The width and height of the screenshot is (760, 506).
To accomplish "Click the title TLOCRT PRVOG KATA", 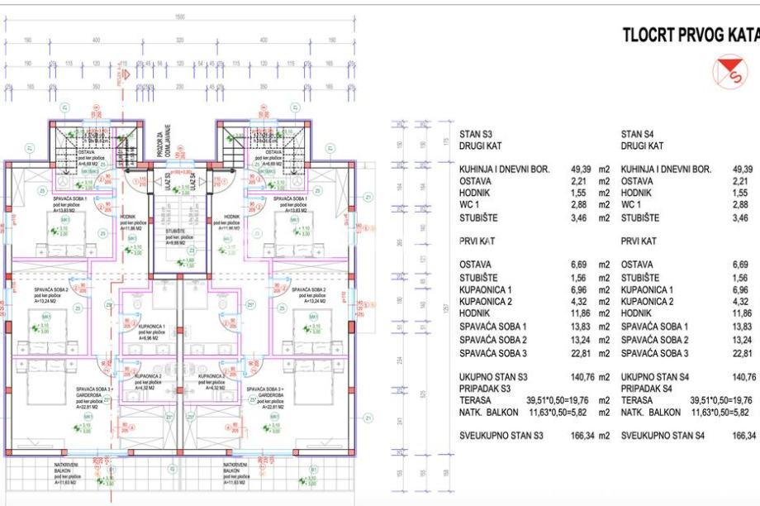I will (690, 35).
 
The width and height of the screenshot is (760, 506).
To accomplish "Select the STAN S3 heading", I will (476, 133).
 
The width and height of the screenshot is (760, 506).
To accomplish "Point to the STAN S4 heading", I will (637, 133).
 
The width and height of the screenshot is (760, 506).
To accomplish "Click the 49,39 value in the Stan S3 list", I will (581, 169).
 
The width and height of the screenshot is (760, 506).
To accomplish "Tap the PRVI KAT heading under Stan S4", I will (639, 241).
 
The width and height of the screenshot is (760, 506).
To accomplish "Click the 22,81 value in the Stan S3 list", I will (581, 353).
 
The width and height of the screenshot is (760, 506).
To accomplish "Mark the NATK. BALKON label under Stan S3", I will (488, 412).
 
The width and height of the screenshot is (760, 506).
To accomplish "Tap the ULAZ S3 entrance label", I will (169, 179).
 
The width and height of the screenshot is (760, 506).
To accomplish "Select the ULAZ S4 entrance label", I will (192, 179).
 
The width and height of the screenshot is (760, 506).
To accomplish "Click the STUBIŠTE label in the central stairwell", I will (179, 232).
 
